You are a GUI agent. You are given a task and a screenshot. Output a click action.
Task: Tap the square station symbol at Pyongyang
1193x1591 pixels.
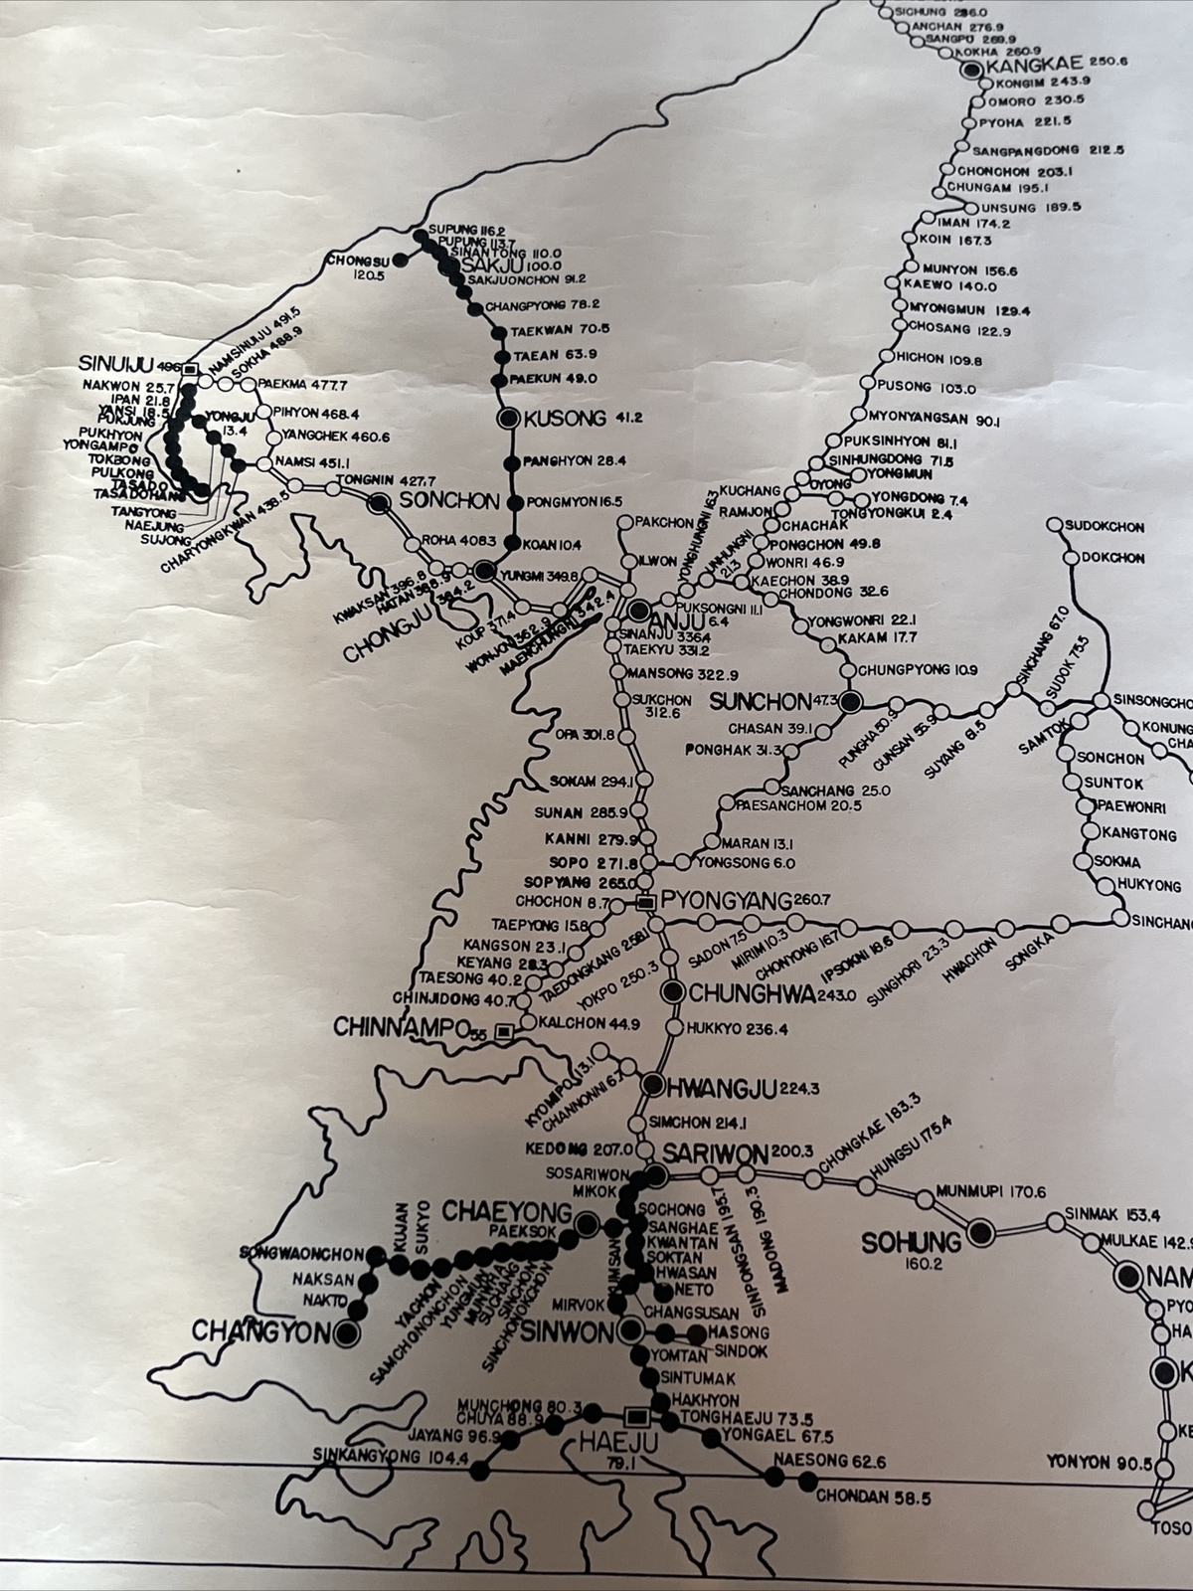[645, 903]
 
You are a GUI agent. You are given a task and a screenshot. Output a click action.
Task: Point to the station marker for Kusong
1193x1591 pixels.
[510, 419]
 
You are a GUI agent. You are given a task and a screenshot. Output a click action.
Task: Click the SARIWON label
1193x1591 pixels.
[715, 1154]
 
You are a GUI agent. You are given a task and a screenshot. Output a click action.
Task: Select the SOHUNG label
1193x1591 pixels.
[912, 1241]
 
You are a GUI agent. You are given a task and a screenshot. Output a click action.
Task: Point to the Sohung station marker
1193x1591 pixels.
[981, 1234]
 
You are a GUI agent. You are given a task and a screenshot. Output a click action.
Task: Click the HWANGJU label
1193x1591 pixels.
[714, 1086]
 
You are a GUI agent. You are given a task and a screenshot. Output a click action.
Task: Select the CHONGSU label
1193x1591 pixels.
[356, 261]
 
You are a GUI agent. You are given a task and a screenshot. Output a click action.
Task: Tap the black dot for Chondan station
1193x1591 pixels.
[803, 1482]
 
